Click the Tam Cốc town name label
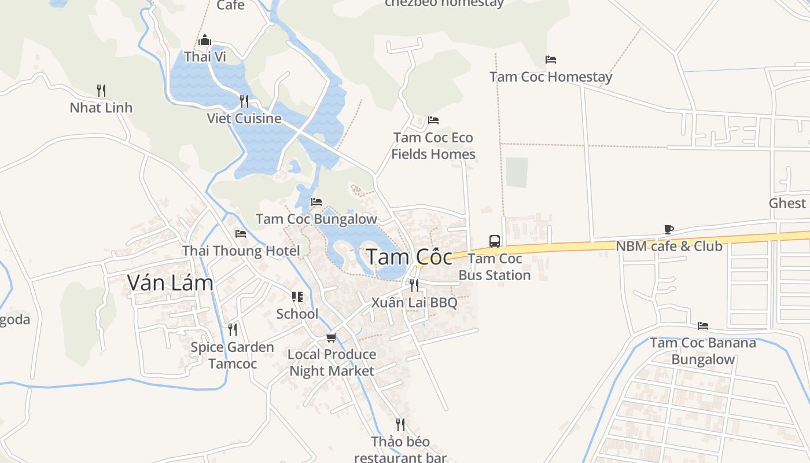tap(410, 256)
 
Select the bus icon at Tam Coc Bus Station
tap(494, 241)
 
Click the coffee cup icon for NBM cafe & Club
tap(669, 229)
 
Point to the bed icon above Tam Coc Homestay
tap(551, 60)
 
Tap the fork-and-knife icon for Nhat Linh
tap(101, 90)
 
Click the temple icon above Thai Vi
tap(205, 40)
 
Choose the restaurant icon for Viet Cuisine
tap(244, 101)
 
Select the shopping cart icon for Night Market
tap(332, 337)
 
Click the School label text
tap(297, 314)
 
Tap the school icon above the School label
tap(297, 297)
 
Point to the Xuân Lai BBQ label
tap(414, 303)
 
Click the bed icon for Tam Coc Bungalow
tap(316, 202)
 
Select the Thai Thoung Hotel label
tap(241, 251)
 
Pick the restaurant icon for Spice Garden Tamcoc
tap(232, 329)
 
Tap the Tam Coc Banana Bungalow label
tap(703, 351)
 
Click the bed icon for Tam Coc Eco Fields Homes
tap(433, 120)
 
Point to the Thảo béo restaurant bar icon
tap(400, 424)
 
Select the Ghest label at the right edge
tap(787, 203)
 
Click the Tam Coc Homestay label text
tap(551, 76)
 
